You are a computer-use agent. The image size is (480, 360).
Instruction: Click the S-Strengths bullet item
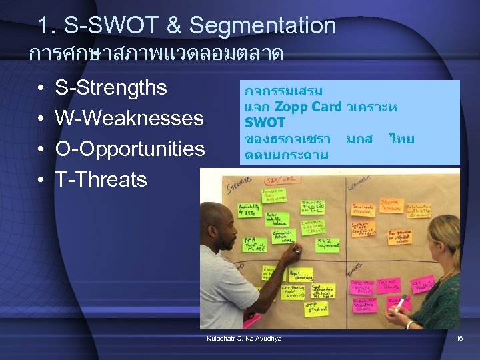pyautogui.click(x=111, y=88)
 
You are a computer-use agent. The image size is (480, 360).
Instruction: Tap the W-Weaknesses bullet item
pyautogui.click(x=129, y=119)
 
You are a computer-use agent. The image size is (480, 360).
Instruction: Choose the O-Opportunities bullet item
pyautogui.click(x=129, y=149)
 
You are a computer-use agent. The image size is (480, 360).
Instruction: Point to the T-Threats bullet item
pyautogui.click(x=101, y=179)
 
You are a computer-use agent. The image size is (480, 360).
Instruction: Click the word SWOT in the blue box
pyautogui.click(x=265, y=123)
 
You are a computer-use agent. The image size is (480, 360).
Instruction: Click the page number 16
pyautogui.click(x=459, y=339)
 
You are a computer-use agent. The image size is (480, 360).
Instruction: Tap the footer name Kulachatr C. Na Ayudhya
pyautogui.click(x=244, y=339)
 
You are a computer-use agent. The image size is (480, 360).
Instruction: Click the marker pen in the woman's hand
pyautogui.click(x=401, y=304)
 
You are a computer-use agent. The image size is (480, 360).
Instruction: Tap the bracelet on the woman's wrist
pyautogui.click(x=411, y=325)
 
